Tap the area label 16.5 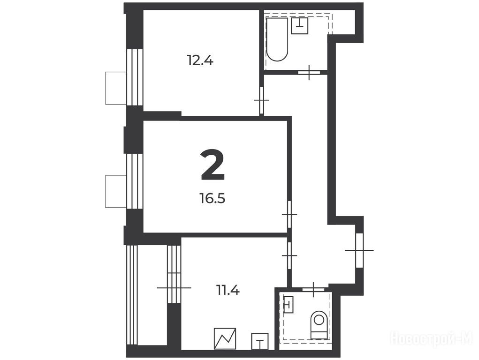(x=213, y=198)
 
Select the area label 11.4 (x=228, y=290)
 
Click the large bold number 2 (x=213, y=165)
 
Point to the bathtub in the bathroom (x=277, y=39)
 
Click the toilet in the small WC (x=319, y=325)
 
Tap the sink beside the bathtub (x=300, y=26)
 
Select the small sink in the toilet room (x=289, y=304)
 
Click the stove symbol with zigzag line (x=225, y=338)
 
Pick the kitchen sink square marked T (x=259, y=341)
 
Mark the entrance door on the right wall (x=359, y=250)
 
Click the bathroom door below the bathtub (x=309, y=73)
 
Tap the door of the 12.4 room (x=261, y=100)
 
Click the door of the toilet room (x=313, y=289)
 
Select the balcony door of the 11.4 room (x=174, y=288)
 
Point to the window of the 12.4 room (x=135, y=77)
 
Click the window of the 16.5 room (x=135, y=181)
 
